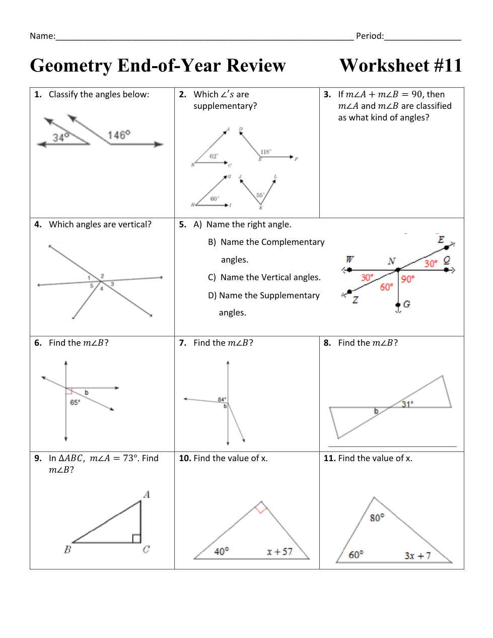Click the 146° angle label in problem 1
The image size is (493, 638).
119,135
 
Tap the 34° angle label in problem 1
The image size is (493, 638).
60,137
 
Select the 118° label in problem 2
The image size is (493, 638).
265,152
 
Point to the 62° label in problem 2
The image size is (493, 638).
214,156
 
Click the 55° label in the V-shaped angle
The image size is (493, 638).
260,195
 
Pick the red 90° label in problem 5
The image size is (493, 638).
407,279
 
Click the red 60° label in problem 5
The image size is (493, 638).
386,287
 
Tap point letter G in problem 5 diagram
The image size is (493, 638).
406,304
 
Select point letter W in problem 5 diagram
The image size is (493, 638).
349,260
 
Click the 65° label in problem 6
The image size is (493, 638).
75,402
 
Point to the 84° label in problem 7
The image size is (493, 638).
222,400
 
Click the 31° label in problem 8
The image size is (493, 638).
407,404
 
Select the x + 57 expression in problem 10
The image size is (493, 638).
279,552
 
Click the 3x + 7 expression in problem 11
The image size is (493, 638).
417,555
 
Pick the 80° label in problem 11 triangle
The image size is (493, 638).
377,518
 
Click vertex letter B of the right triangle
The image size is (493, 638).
67,549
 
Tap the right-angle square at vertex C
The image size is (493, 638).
136,538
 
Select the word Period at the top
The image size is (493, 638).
369,36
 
